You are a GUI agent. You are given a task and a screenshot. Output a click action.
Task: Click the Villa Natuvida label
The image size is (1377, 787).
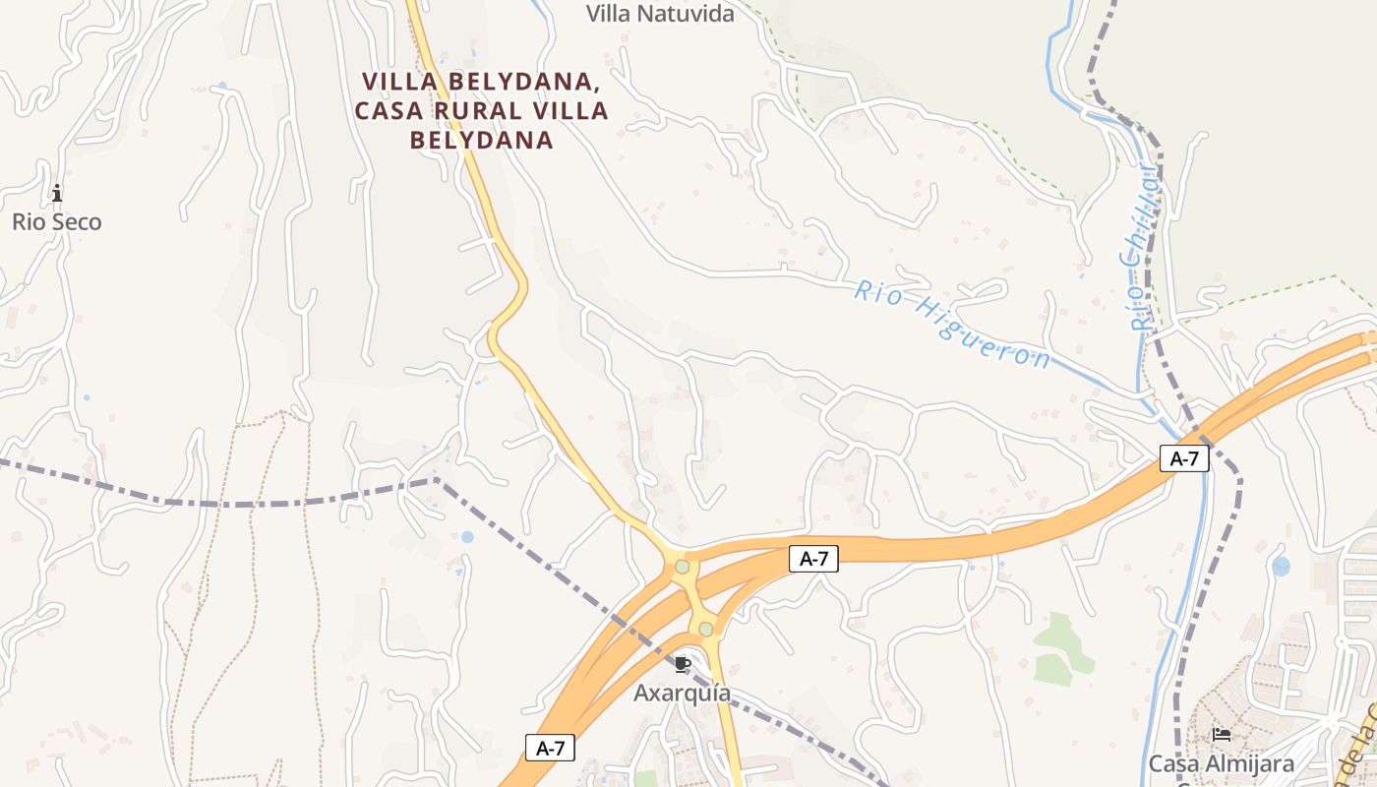(660, 14)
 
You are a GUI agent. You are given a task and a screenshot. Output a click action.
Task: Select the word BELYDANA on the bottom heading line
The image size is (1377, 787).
(481, 140)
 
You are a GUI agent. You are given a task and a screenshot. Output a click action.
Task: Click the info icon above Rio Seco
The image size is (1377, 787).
(57, 192)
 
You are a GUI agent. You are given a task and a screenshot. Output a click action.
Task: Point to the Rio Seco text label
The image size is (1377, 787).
(56, 222)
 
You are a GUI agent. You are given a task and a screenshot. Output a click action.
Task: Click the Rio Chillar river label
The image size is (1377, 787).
(1140, 247)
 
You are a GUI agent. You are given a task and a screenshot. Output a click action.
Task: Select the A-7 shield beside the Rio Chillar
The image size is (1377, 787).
(1183, 457)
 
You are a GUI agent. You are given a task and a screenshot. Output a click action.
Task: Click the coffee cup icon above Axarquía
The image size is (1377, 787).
(683, 664)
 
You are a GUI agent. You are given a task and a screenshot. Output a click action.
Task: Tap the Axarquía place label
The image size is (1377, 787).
(682, 693)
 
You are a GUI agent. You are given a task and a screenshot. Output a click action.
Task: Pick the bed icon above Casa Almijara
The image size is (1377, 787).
(1222, 734)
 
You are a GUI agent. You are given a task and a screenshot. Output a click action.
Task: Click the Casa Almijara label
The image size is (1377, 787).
(1222, 763)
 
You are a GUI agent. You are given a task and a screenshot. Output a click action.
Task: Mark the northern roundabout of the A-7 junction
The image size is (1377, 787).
(682, 566)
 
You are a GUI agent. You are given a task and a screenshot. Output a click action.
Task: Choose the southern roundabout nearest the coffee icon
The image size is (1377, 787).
(705, 629)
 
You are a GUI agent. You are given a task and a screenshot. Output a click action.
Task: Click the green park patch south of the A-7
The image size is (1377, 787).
(1059, 649)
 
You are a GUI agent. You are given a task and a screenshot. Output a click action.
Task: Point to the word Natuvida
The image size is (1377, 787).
(685, 14)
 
